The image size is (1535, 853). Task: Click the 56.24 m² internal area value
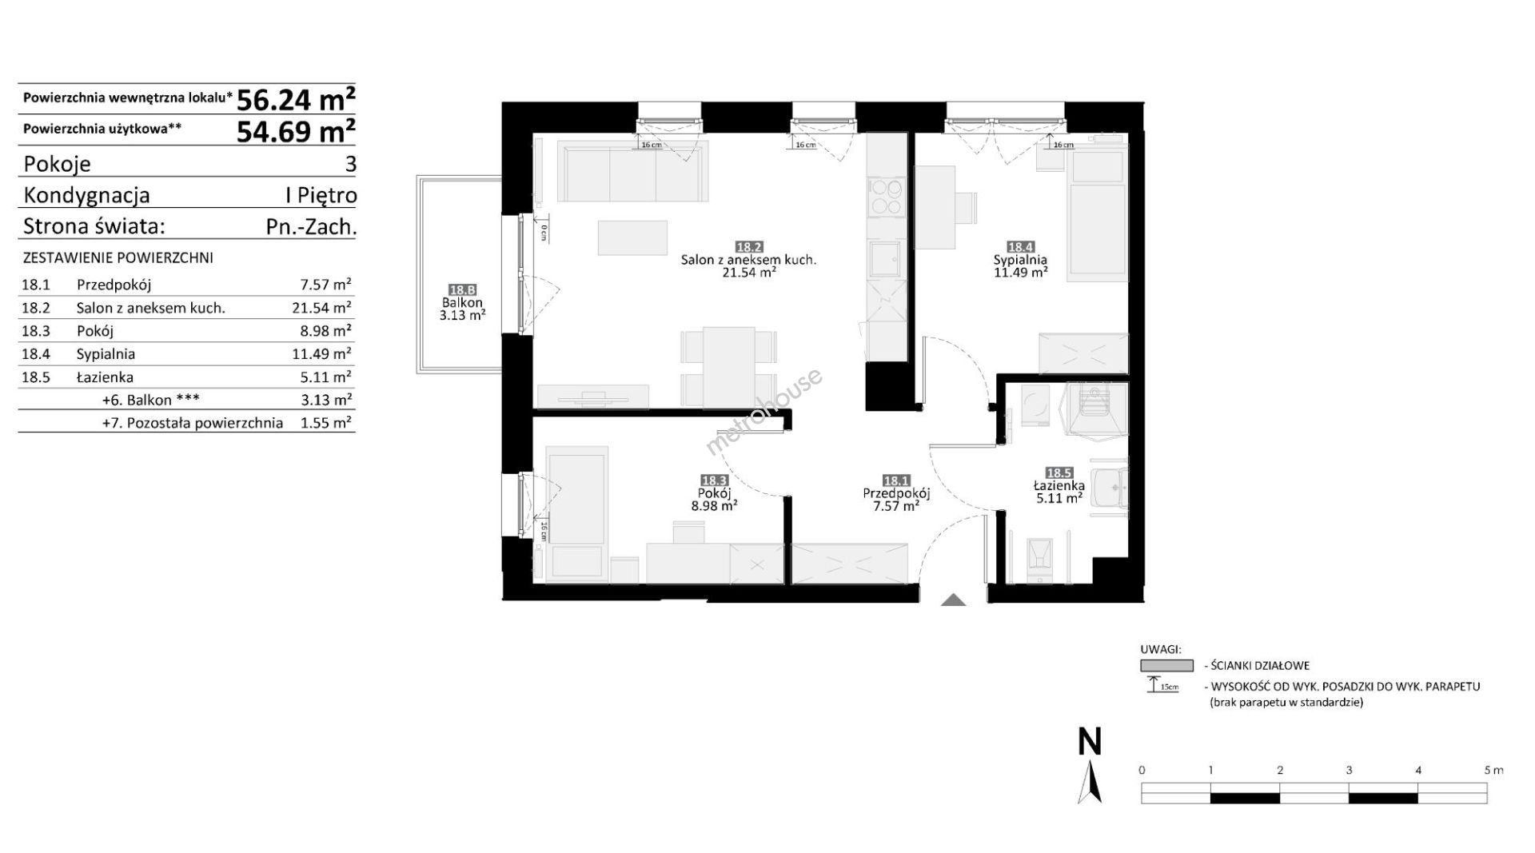pyautogui.click(x=296, y=99)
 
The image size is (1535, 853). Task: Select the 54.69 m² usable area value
pyautogui.click(x=296, y=130)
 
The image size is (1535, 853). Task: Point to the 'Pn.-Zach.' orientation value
pyautogui.click(x=311, y=226)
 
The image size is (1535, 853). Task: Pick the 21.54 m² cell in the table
pyautogui.click(x=321, y=307)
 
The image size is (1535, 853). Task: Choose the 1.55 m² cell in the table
pyautogui.click(x=325, y=423)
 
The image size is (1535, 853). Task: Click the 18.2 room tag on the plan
pyautogui.click(x=748, y=247)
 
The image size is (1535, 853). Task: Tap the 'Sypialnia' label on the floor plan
pyautogui.click(x=1020, y=260)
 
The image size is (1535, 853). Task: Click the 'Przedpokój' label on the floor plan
pyautogui.click(x=896, y=494)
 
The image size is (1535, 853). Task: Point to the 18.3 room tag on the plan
pyautogui.click(x=713, y=480)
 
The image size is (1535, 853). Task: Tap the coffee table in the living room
pyautogui.click(x=632, y=237)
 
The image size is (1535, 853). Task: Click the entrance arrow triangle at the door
pyautogui.click(x=952, y=600)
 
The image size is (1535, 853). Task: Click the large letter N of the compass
pyautogui.click(x=1090, y=742)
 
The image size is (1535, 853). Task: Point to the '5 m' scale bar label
pyautogui.click(x=1493, y=771)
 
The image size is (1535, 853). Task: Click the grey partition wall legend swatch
pyautogui.click(x=1166, y=665)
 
